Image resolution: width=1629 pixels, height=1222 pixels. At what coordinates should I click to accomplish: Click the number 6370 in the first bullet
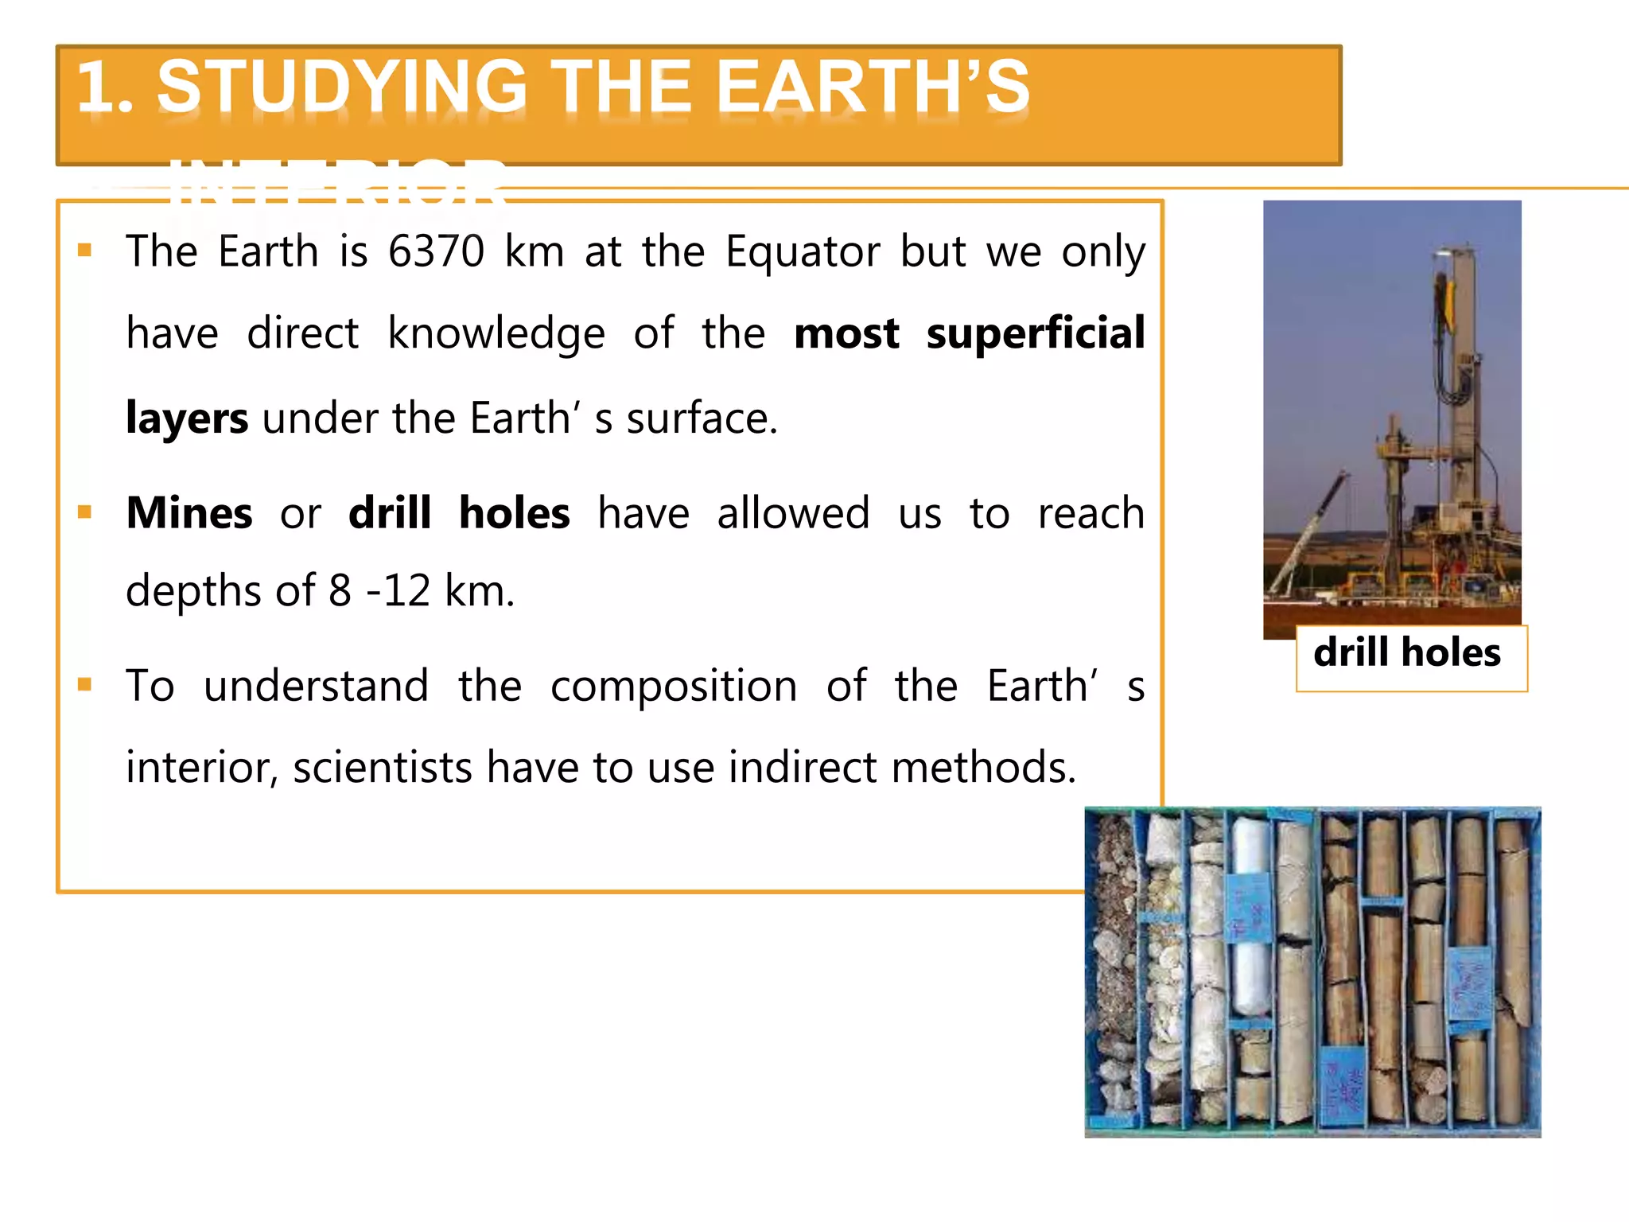(x=436, y=252)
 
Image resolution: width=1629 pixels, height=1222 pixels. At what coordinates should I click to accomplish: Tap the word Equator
(x=803, y=252)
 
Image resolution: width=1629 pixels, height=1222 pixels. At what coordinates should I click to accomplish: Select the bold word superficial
(x=1036, y=333)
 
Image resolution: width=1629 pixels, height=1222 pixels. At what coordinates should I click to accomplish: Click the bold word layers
(x=187, y=418)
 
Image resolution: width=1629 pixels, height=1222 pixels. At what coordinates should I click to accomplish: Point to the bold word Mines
(x=189, y=513)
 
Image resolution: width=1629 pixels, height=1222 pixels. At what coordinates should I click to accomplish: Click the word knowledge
(x=496, y=333)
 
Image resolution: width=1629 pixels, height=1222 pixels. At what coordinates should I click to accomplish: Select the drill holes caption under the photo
(x=1407, y=653)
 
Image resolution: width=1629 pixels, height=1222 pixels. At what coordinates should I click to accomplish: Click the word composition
(x=673, y=686)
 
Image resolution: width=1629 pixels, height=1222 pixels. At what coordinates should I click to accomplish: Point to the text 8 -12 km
(x=422, y=591)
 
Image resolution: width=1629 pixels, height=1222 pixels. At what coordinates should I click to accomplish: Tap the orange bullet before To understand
(x=85, y=684)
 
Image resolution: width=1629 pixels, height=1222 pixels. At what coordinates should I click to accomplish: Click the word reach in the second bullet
(x=1091, y=513)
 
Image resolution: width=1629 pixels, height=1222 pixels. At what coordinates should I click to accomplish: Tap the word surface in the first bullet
(x=701, y=418)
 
